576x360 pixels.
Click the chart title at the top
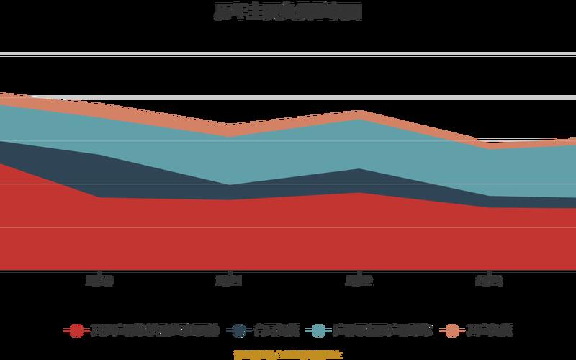[288, 12]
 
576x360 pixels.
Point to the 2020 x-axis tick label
[99, 281]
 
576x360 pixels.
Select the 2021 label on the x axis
[229, 281]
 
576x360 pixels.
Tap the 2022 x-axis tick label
[359, 281]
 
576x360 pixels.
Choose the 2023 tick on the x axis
[488, 281]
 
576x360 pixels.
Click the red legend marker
[76, 330]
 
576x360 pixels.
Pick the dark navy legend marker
[239, 330]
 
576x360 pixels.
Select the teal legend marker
[319, 330]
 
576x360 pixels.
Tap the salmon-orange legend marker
[452, 330]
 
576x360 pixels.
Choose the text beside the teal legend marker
[382, 330]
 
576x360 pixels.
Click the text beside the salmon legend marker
[489, 330]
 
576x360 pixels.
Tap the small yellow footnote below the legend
[288, 354]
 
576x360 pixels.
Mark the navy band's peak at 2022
[359, 181]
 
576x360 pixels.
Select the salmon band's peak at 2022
[359, 114]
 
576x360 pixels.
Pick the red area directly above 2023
[488, 238]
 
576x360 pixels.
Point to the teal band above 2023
[488, 171]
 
